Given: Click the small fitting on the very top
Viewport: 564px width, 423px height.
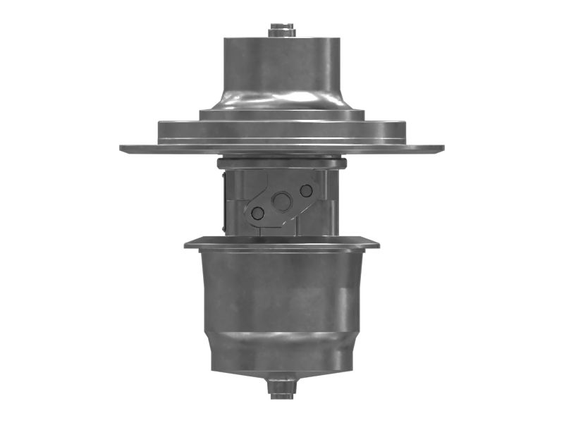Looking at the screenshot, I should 281,30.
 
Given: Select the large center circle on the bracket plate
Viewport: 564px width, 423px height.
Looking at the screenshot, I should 282,202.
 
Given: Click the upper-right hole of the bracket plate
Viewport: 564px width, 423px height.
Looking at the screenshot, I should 306,190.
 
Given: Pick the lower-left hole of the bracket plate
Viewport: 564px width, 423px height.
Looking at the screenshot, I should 258,212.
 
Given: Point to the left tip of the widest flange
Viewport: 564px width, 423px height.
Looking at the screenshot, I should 124,149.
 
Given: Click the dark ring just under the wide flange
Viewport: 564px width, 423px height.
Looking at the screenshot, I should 281,164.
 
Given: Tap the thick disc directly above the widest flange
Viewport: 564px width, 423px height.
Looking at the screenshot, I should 281,131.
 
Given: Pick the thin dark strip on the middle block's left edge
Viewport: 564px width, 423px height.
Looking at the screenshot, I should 223,204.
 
